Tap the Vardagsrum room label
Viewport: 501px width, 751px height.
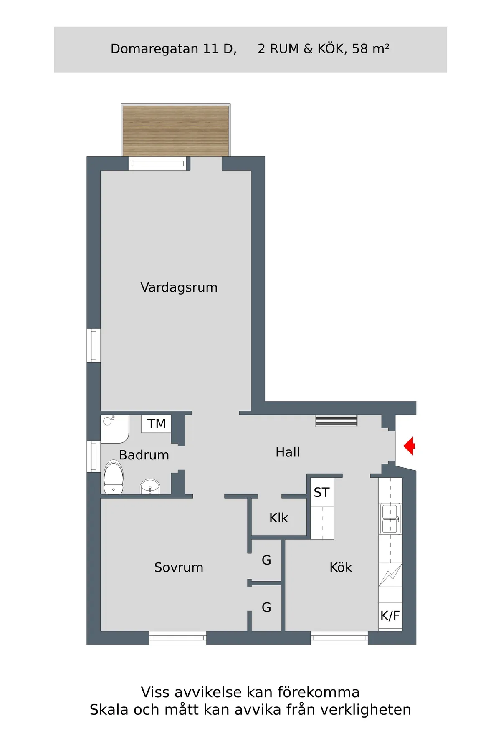[x=179, y=287]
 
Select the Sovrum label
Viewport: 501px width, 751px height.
[x=179, y=567]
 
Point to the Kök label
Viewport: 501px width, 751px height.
[x=341, y=567]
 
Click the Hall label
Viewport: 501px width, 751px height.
[x=288, y=452]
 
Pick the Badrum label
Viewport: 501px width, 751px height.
[x=144, y=455]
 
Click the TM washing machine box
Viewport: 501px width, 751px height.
[x=156, y=424]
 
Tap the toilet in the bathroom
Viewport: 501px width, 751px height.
[x=113, y=478]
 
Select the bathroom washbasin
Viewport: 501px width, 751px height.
[x=150, y=486]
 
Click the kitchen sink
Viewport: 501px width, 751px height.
[x=390, y=519]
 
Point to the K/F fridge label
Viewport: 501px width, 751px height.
[x=390, y=616]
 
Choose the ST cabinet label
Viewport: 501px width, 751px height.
[x=321, y=493]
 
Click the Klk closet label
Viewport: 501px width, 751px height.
[x=278, y=518]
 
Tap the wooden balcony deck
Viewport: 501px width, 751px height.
[x=176, y=130]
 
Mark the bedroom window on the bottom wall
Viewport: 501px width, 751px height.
[x=178, y=638]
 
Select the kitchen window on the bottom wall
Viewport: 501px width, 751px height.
[x=339, y=638]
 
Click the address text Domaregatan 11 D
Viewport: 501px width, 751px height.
[x=173, y=49]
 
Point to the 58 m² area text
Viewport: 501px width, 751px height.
[x=371, y=49]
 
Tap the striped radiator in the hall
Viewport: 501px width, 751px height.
[x=336, y=421]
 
